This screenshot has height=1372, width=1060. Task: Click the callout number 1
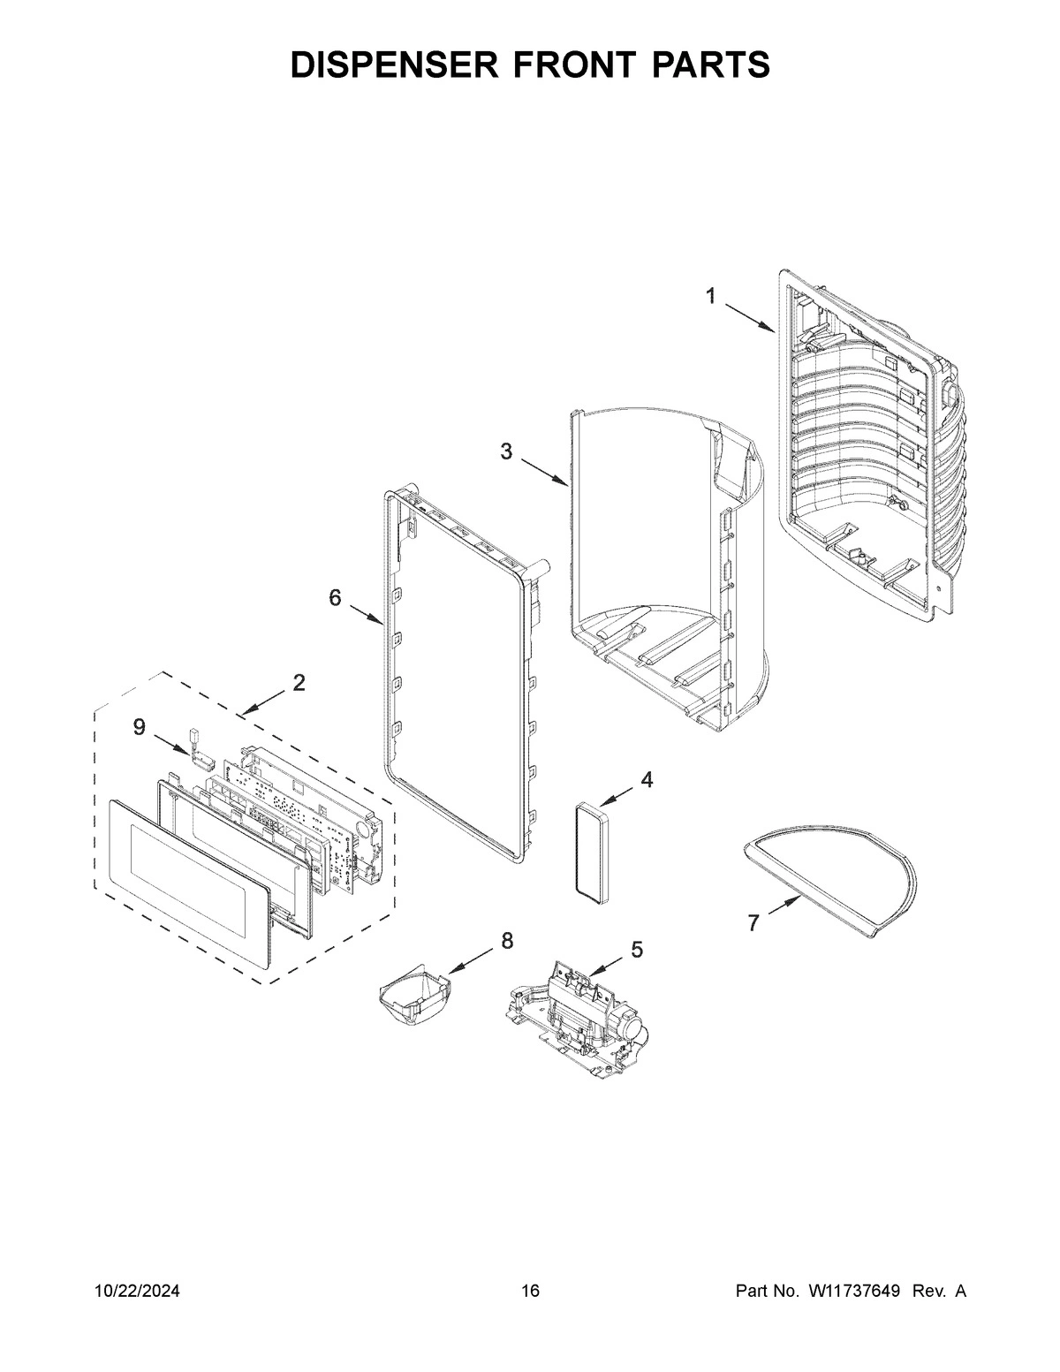(710, 298)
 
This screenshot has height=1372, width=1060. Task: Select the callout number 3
(505, 451)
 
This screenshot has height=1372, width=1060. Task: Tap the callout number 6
(335, 598)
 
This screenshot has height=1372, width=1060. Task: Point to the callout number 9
(139, 726)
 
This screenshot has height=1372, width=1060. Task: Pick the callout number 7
(753, 923)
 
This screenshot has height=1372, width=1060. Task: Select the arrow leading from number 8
(472, 959)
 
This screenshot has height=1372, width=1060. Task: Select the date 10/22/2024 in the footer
(138, 1292)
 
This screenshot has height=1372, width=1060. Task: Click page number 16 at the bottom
(530, 1292)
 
